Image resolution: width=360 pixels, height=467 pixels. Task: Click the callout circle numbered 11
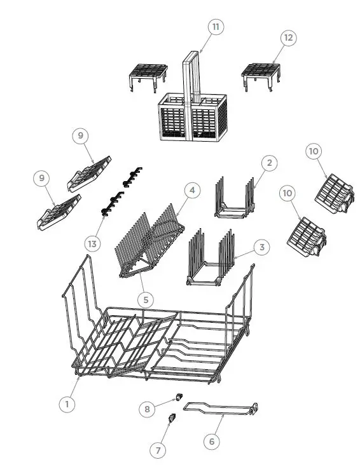[x=216, y=27]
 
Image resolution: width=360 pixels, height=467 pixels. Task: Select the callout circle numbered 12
[x=288, y=38]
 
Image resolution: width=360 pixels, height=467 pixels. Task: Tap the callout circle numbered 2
[x=269, y=163]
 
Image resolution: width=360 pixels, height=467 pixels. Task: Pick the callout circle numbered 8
[x=147, y=409]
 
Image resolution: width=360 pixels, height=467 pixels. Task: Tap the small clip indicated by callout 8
[x=178, y=397]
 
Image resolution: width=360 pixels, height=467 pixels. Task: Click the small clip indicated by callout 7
[x=171, y=417]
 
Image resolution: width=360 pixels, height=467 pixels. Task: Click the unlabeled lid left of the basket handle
[x=148, y=74]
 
